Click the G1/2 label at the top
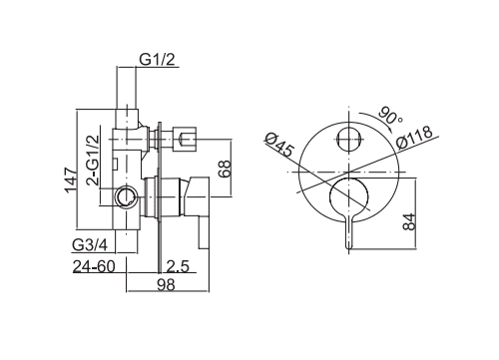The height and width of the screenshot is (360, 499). (156, 59)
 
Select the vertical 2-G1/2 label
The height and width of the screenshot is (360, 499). (92, 158)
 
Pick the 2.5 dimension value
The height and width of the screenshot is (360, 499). (179, 267)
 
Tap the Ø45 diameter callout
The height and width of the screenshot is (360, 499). (281, 147)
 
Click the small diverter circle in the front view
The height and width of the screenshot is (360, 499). (349, 140)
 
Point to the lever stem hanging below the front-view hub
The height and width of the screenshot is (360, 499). (350, 231)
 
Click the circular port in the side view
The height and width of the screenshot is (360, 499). (124, 196)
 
